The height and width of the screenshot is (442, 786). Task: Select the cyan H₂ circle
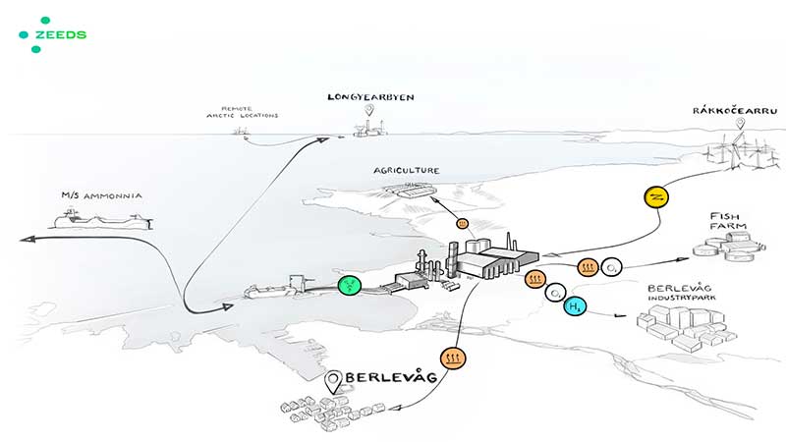pyautogui.click(x=576, y=306)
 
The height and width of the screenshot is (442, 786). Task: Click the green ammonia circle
pyautogui.click(x=350, y=286)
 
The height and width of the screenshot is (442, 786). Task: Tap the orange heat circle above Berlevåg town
pyautogui.click(x=454, y=359)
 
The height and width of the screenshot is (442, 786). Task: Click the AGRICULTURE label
pyautogui.click(x=406, y=171)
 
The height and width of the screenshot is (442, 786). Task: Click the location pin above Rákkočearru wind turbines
pyautogui.click(x=739, y=125)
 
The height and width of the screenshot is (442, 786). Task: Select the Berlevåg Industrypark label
pyautogui.click(x=684, y=294)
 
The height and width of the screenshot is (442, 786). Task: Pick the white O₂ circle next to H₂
pyautogui.click(x=555, y=293)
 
